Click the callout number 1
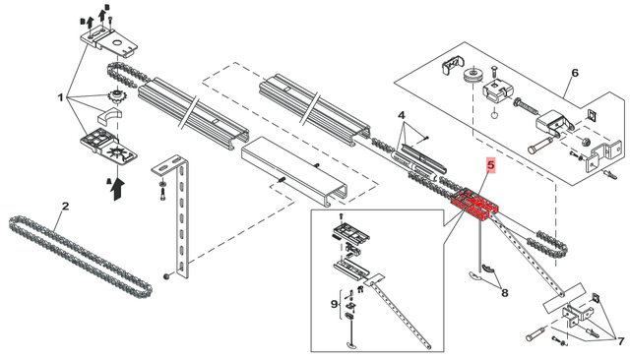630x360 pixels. click(61, 97)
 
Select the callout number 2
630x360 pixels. click(65, 207)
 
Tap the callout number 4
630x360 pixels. click(402, 116)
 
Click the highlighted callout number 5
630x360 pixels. click(490, 164)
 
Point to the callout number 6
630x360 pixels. click(575, 73)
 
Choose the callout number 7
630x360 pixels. click(621, 341)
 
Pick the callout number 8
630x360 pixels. click(505, 293)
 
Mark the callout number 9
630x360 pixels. click(335, 304)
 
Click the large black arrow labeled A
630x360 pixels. click(118, 189)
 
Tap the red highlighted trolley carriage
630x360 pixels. click(474, 204)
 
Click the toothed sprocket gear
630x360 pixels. click(117, 97)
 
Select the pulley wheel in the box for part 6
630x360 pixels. click(472, 76)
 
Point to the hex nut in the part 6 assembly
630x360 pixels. click(586, 142)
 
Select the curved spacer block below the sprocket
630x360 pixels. click(109, 115)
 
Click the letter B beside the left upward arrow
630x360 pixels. click(83, 21)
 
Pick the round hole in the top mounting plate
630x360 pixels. click(117, 42)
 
